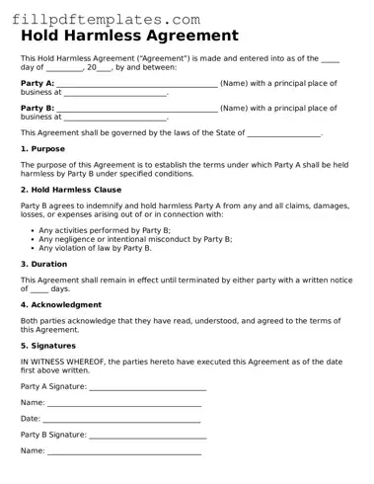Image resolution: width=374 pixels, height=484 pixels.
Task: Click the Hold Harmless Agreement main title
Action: tap(129, 37)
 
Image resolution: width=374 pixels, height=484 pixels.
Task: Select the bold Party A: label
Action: tap(37, 83)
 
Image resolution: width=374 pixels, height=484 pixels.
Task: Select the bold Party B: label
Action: tap(37, 108)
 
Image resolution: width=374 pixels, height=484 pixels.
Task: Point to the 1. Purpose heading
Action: tap(42, 149)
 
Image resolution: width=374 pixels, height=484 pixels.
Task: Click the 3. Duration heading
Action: tap(44, 265)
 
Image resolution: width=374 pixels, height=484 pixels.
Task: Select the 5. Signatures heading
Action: tap(48, 347)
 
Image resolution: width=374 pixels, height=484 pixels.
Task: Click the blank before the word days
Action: tap(38, 291)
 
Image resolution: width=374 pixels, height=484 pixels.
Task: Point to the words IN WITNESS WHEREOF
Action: tap(63, 363)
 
